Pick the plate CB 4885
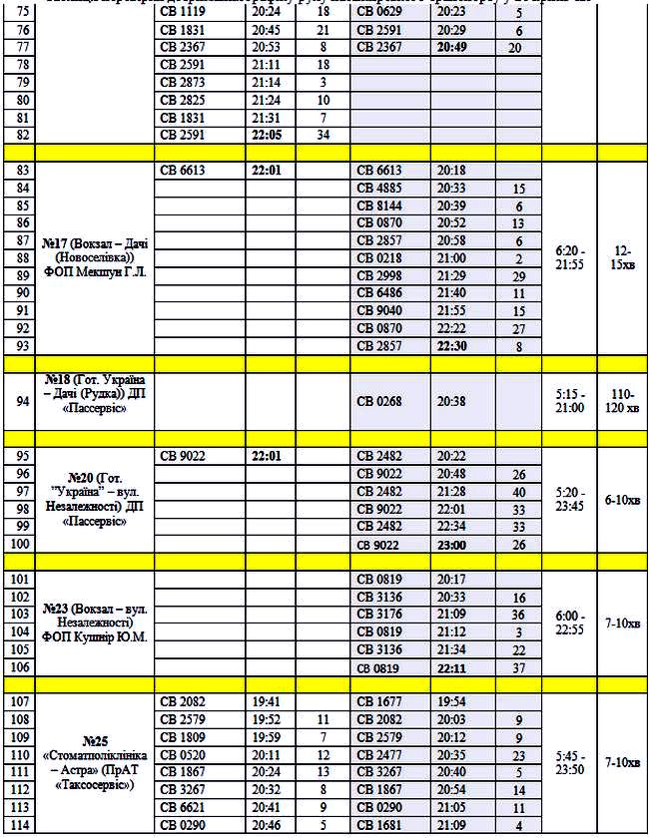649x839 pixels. coord(380,188)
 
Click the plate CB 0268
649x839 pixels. coord(380,401)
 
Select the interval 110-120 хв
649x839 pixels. coord(622,401)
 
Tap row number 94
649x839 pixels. coord(18,401)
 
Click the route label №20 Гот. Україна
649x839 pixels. coord(95,499)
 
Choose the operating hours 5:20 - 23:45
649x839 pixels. coord(570,499)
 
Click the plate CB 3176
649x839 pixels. coord(380,614)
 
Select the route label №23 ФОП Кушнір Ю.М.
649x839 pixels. coord(95,622)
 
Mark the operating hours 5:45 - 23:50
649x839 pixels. coord(570,763)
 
